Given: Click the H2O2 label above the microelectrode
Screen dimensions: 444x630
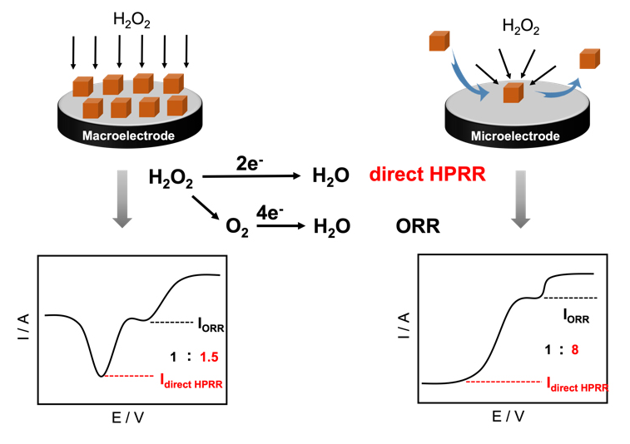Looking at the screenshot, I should click(521, 29).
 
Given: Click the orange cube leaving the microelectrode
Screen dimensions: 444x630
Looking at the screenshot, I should click(589, 59).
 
